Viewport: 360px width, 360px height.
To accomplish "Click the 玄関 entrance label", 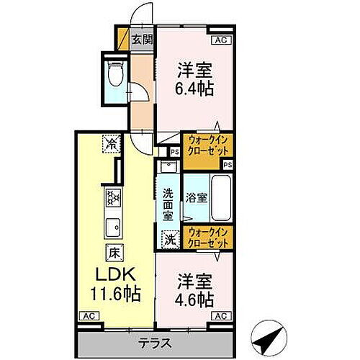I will (x=142, y=40).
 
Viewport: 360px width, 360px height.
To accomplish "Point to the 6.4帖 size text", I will (x=194, y=90).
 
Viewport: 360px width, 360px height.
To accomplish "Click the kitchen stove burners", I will (x=114, y=197).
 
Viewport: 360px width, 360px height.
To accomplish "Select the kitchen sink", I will (x=114, y=228).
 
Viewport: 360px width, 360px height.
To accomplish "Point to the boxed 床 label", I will (x=114, y=253).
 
